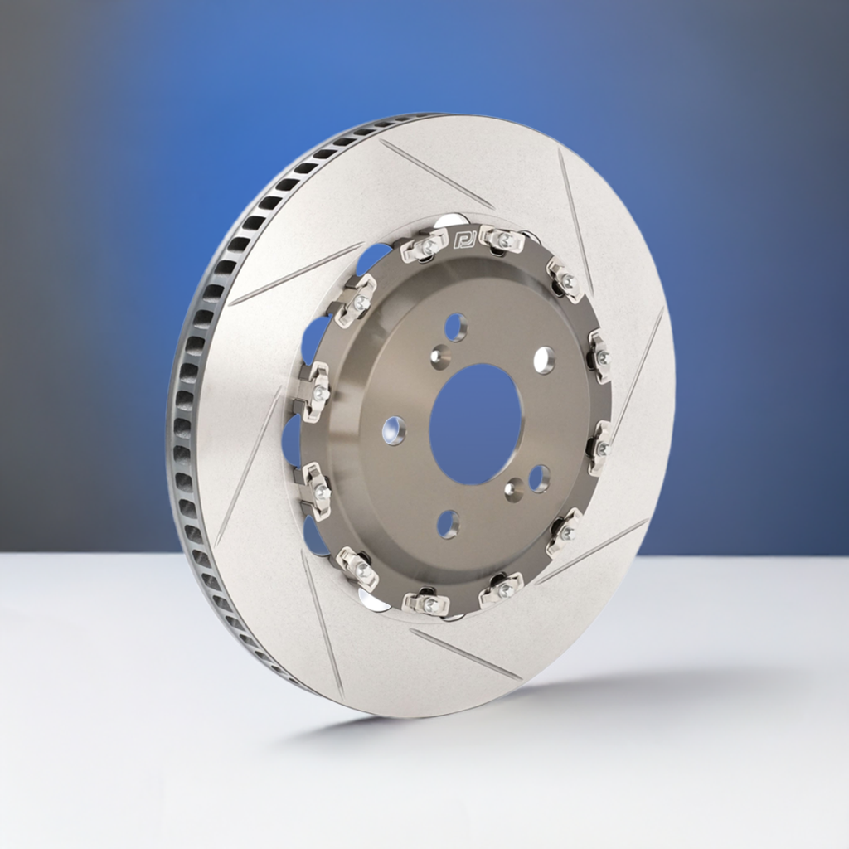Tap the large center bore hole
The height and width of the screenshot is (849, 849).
475,424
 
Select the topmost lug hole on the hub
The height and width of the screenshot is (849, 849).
455,327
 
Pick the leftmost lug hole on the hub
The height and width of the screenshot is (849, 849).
394,430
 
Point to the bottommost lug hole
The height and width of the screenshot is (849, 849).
448,523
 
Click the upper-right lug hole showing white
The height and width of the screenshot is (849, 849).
544,360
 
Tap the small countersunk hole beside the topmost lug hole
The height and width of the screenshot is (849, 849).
440,357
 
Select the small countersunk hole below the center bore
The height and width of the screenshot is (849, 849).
515,489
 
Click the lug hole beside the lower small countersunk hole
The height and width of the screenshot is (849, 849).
539,478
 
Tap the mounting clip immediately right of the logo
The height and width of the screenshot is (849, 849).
502,240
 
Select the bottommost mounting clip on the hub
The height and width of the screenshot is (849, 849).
426,603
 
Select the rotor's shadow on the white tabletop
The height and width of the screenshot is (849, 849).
531,705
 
